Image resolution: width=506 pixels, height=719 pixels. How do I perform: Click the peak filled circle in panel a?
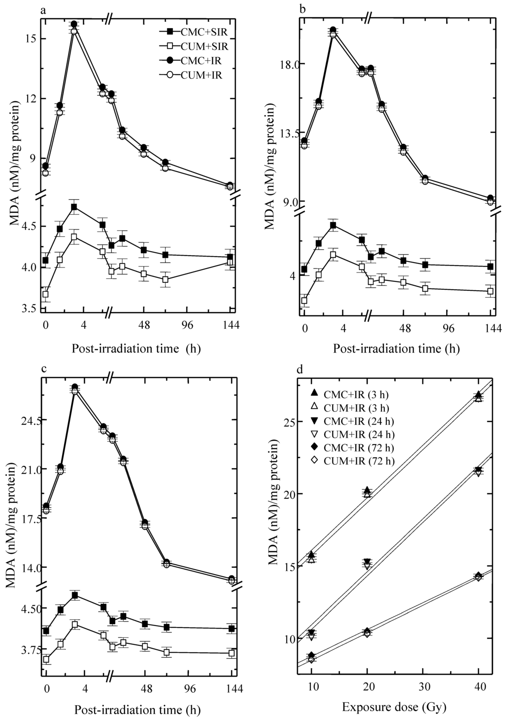[x=74, y=24]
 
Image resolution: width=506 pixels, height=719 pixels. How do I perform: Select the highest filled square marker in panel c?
[x=75, y=595]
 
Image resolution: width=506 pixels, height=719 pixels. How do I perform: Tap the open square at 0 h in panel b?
[x=304, y=301]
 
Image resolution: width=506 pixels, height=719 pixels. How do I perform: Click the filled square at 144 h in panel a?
[x=230, y=257]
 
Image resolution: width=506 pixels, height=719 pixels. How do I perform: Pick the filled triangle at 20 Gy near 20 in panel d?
[x=367, y=491]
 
